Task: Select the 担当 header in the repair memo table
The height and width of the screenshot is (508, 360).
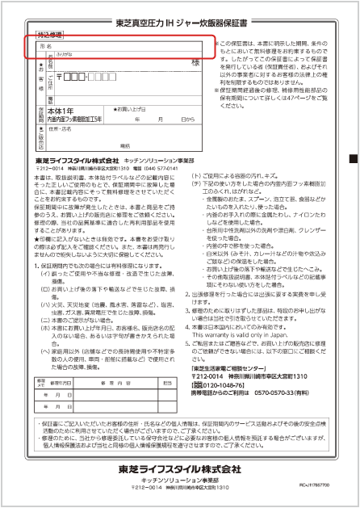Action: [x=168, y=381]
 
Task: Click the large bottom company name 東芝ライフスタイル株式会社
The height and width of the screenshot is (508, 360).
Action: [x=179, y=469]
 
